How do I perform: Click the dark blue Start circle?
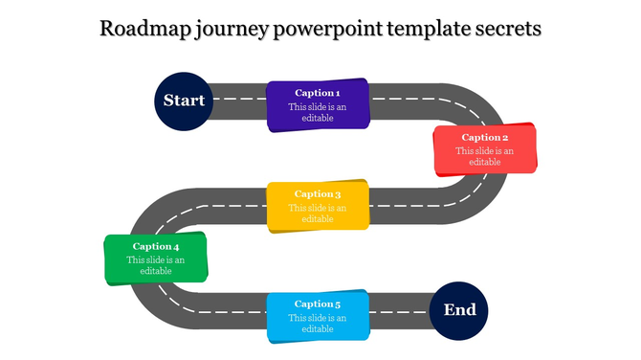click(x=184, y=100)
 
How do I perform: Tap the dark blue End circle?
click(x=459, y=310)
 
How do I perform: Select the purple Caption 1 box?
click(x=318, y=105)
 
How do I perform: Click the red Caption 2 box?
click(x=484, y=150)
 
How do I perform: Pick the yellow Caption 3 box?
click(x=318, y=206)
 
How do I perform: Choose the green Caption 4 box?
click(x=155, y=259)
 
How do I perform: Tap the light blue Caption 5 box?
click(x=318, y=317)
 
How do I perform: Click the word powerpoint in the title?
click(x=326, y=29)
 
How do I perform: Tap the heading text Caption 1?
click(x=318, y=93)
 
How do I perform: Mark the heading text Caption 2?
click(x=484, y=137)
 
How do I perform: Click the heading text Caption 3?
click(x=318, y=194)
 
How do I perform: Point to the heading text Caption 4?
click(x=156, y=246)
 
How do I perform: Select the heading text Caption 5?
click(x=318, y=304)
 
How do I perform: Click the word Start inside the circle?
click(x=184, y=100)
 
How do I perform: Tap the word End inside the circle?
click(x=459, y=310)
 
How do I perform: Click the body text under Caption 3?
click(x=318, y=214)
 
